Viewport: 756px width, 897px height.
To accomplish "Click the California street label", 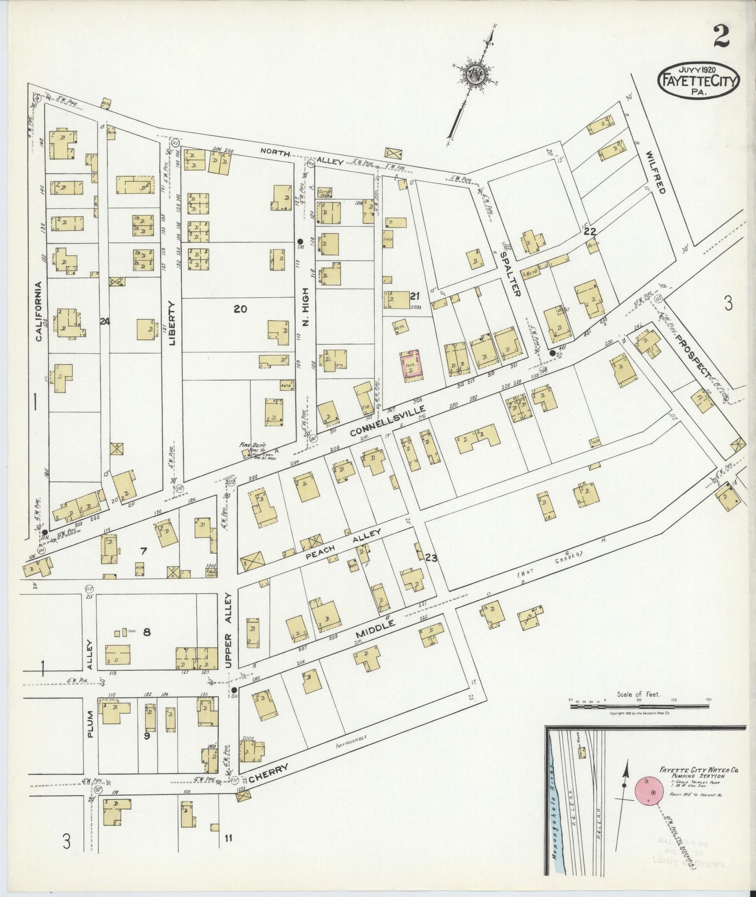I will pyautogui.click(x=38, y=311).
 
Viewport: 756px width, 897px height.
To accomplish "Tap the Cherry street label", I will pyautogui.click(x=268, y=773).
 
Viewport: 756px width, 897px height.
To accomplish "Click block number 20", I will pyautogui.click(x=240, y=309).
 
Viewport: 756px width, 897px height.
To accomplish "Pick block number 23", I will pyautogui.click(x=431, y=558).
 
